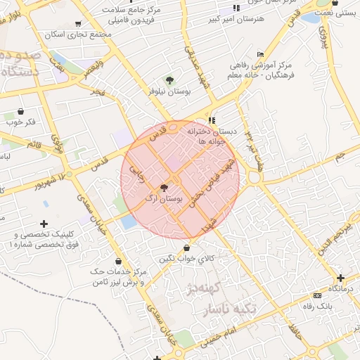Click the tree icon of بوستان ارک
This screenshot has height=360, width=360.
click(164, 188)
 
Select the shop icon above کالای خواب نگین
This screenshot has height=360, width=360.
click(186, 247)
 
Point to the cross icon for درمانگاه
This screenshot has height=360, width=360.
click(340, 278)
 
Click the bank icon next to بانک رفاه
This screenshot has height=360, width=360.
click(317, 295)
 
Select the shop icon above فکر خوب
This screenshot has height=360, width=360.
click(20, 111)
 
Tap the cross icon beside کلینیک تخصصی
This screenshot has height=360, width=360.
click(44, 224)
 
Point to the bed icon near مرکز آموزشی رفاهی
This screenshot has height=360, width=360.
click(261, 54)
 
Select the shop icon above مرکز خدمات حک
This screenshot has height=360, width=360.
click(117, 261)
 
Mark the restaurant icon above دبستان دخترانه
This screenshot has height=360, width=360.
click(211, 120)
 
